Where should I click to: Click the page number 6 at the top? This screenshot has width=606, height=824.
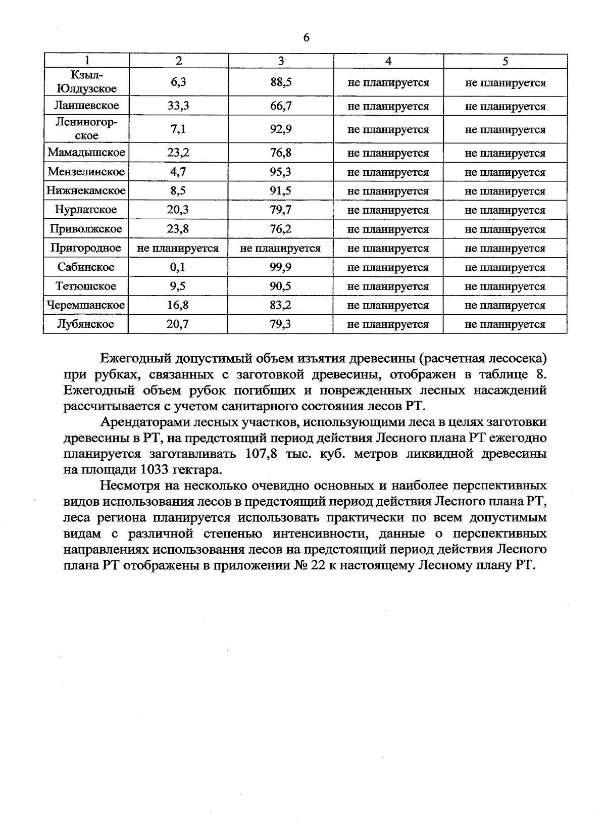point(306,38)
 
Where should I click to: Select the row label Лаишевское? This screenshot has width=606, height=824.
point(86,106)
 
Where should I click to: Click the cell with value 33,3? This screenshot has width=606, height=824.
point(178,106)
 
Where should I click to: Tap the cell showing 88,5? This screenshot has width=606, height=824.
point(281,82)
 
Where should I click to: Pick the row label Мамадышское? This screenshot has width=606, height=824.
point(86,153)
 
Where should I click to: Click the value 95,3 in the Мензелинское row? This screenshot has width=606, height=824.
point(281,172)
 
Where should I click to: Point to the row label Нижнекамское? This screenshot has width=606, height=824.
point(86,190)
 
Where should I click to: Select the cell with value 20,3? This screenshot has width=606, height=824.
point(178,210)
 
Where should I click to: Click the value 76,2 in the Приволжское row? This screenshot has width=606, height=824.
point(281,229)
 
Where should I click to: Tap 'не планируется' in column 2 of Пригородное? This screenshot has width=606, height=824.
point(178,248)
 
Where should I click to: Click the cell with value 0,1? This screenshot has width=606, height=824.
point(178,267)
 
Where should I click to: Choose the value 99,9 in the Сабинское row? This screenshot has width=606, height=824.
point(281,267)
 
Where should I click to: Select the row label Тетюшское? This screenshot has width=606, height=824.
point(86,286)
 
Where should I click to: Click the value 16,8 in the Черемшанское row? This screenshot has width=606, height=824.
point(178,305)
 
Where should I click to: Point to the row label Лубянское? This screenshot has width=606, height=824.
point(86,324)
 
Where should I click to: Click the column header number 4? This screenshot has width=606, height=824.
point(388,61)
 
